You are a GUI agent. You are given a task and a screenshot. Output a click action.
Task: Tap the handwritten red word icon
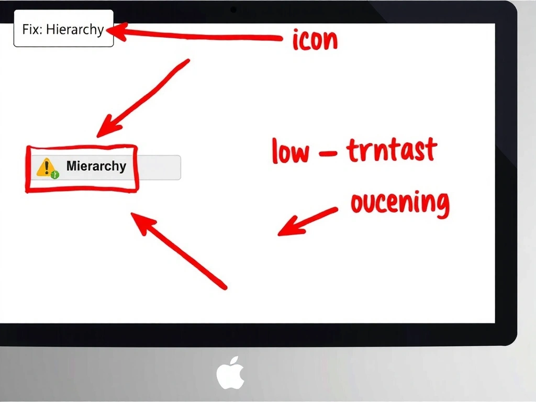(x=315, y=40)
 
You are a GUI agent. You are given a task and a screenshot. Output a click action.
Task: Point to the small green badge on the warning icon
(x=55, y=175)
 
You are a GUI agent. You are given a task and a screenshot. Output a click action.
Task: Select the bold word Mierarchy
(x=96, y=166)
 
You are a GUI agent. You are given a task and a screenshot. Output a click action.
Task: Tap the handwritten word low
(x=291, y=152)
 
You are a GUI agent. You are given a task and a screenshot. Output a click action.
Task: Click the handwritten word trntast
(x=392, y=151)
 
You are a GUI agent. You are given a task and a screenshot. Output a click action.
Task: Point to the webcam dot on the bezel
(x=233, y=9)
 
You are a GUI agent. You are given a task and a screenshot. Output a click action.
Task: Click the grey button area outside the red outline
(x=159, y=167)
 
